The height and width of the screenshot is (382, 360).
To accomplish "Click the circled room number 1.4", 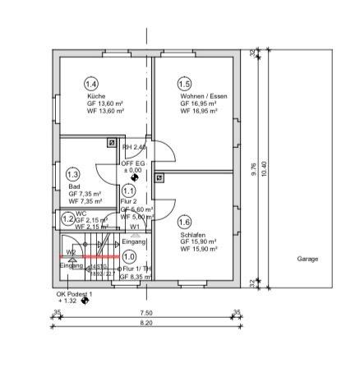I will (x=92, y=84).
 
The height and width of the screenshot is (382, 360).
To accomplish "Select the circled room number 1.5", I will (x=184, y=84).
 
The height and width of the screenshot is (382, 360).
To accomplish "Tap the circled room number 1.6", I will (x=184, y=222).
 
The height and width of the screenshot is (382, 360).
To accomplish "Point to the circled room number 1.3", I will (x=72, y=174).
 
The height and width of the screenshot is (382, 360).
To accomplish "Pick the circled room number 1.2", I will (x=67, y=219).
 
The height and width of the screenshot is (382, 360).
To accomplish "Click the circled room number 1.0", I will (x=129, y=256).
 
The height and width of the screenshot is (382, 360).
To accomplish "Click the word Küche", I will (x=95, y=96).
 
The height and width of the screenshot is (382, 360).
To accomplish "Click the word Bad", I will (x=74, y=186).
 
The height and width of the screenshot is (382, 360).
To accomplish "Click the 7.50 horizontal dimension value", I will (x=146, y=313).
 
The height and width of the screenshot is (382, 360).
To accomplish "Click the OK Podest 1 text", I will (x=75, y=293).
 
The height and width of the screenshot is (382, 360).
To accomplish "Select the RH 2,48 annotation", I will (x=134, y=147).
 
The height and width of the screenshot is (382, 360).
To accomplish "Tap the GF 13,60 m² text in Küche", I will (x=104, y=104).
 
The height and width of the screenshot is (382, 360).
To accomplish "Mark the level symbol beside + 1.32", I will (x=85, y=301).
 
